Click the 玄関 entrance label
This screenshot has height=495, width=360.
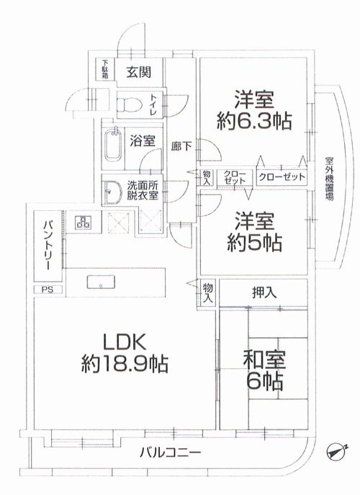tap(138, 72)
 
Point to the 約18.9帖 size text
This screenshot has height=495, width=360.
tap(122, 365)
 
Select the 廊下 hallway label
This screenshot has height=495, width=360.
tap(181, 146)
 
